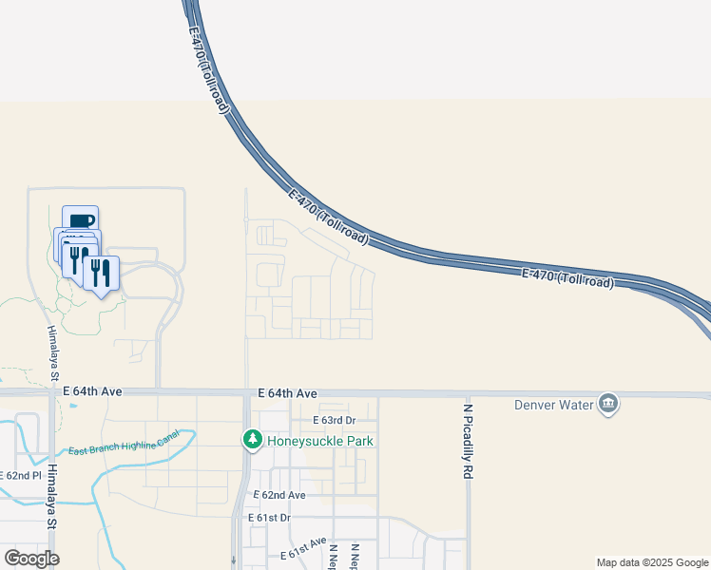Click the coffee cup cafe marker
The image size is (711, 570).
(81, 221)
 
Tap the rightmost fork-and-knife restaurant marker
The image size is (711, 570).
(101, 272)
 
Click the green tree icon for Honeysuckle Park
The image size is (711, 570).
(252, 440)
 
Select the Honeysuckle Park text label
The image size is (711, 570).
(319, 441)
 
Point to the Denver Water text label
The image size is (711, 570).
(554, 405)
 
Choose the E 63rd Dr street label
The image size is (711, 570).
(334, 420)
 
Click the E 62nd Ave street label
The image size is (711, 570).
(279, 495)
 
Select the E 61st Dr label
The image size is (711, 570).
(268, 518)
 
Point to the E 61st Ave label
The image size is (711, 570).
(302, 553)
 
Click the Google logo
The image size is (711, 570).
(31, 558)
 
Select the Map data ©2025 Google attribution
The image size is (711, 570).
(651, 562)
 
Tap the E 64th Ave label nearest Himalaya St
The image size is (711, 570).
(93, 390)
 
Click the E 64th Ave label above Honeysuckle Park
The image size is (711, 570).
(286, 392)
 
